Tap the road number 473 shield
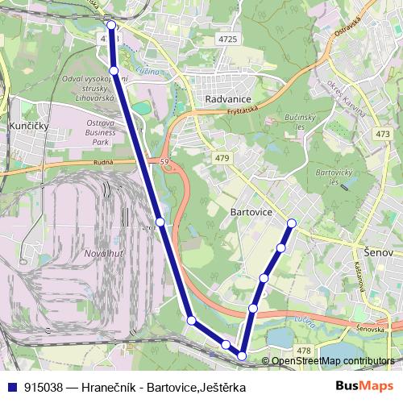click(383, 133)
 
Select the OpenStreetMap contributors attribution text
click(333, 361)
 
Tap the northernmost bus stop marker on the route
click(111, 25)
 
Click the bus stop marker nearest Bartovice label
click(292, 223)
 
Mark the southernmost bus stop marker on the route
click(242, 355)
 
